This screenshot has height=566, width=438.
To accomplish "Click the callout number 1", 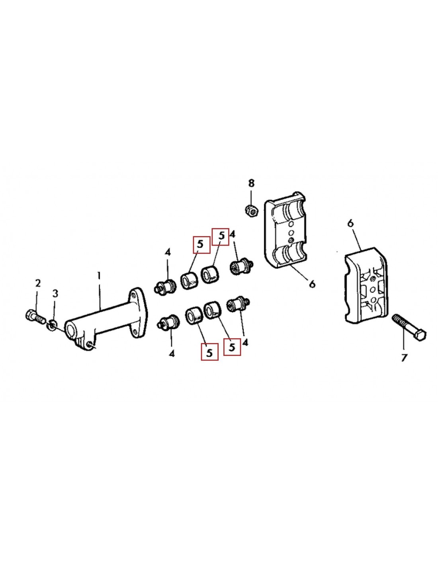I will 99,275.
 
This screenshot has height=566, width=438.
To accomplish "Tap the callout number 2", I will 38,283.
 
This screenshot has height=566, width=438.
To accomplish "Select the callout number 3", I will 55,293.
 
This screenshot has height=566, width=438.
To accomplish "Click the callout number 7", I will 404,358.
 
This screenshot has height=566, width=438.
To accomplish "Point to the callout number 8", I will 251,183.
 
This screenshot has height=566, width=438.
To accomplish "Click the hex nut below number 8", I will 251,209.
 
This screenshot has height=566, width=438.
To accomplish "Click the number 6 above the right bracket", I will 350,223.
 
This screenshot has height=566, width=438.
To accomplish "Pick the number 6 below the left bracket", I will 312,284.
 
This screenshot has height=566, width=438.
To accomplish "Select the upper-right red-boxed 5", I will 221,236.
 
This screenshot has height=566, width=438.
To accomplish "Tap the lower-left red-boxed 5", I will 209,352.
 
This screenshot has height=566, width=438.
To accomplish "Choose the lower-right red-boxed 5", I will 232,347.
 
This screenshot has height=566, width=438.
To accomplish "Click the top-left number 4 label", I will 168,252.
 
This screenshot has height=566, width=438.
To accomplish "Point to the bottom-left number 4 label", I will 172,353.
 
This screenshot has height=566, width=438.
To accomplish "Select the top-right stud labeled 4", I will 241,266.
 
